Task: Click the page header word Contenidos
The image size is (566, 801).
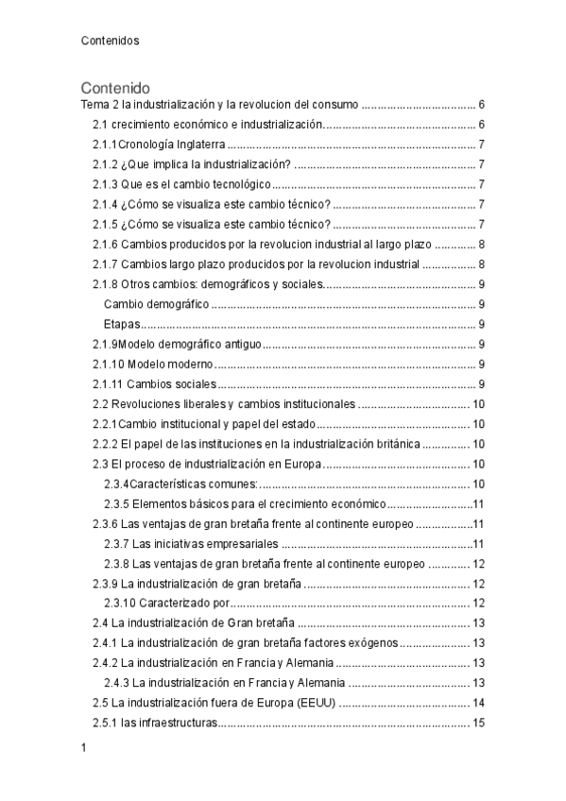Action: click(x=110, y=41)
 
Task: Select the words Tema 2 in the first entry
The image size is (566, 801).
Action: click(x=96, y=105)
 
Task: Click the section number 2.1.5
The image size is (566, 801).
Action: click(x=104, y=224)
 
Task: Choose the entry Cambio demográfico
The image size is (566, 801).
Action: click(x=156, y=304)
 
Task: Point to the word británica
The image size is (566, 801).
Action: click(x=395, y=444)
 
